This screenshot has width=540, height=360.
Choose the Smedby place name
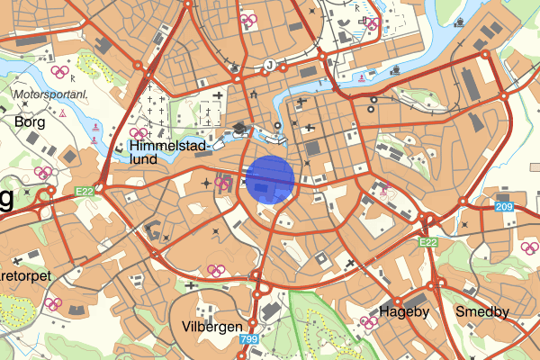pyautogui.click(x=481, y=312)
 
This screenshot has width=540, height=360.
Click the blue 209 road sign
pyautogui.click(x=504, y=208)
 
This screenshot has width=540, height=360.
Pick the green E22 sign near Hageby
pyautogui.click(x=428, y=242)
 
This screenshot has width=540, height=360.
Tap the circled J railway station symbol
pyautogui.click(x=269, y=65)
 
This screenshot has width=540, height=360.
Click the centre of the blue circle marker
pyautogui.click(x=270, y=178)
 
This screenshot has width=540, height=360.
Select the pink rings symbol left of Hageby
pyautogui.click(x=368, y=320)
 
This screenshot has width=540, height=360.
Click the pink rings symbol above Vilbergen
pyautogui.click(x=215, y=269)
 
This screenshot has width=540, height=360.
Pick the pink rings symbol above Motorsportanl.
pyautogui.click(x=59, y=72)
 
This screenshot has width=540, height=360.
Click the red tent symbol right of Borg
pyautogui.click(x=62, y=116)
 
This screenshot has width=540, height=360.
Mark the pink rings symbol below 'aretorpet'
pyautogui.click(x=53, y=303)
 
